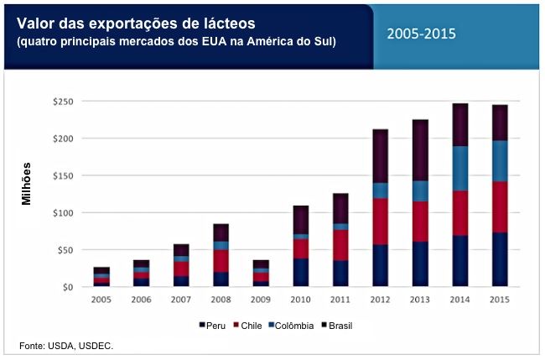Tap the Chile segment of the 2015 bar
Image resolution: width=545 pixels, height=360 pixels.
click(x=499, y=206)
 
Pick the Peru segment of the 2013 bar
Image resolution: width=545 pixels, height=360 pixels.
click(x=420, y=263)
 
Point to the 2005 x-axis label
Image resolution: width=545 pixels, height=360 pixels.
click(x=101, y=300)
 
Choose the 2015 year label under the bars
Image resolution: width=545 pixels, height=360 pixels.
click(x=499, y=300)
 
